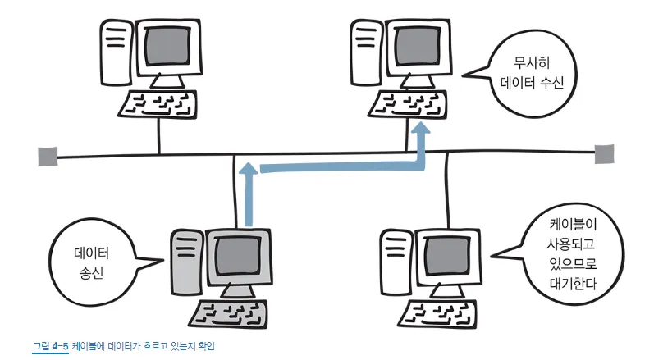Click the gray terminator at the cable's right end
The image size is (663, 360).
tap(604, 153)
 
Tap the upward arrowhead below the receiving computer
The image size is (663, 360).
tap(422, 130)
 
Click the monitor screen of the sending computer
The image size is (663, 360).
tap(236, 256)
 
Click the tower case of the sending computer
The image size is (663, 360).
tap(186, 262)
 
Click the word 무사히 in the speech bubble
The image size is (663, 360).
tap(530, 62)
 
